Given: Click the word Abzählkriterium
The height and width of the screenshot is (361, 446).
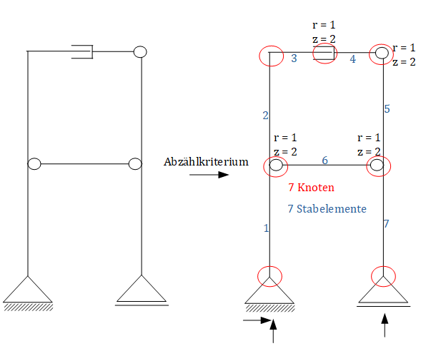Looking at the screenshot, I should (206, 162).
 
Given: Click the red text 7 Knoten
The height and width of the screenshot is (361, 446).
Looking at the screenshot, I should (311, 188).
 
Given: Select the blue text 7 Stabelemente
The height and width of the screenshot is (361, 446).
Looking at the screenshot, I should (327, 209).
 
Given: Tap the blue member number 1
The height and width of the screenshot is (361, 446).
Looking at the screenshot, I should (267, 228).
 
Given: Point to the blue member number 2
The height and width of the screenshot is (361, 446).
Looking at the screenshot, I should (265, 116).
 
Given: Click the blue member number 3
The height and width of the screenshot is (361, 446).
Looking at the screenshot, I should (294, 59).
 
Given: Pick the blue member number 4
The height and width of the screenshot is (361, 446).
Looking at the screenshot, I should (352, 59).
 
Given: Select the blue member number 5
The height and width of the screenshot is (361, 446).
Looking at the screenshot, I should (387, 109).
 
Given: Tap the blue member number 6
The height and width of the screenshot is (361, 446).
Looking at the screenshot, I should (324, 161).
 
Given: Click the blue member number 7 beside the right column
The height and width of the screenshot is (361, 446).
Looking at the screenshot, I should (387, 224).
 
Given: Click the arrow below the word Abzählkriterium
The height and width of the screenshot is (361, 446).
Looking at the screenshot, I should (215, 174).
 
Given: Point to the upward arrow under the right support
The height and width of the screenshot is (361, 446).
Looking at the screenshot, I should (385, 326).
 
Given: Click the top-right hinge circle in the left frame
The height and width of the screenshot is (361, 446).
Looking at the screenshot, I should (140, 51).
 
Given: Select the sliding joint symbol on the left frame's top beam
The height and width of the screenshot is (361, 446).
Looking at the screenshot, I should (83, 51).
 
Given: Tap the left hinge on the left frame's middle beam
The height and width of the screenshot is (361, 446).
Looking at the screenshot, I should (34, 164).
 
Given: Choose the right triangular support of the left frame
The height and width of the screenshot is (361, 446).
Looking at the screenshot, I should (142, 290).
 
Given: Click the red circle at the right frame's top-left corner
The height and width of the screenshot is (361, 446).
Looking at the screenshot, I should (271, 56).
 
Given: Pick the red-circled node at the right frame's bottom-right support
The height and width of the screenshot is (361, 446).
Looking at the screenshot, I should (384, 276).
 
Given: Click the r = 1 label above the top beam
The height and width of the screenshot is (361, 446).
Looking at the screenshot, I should (323, 25).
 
